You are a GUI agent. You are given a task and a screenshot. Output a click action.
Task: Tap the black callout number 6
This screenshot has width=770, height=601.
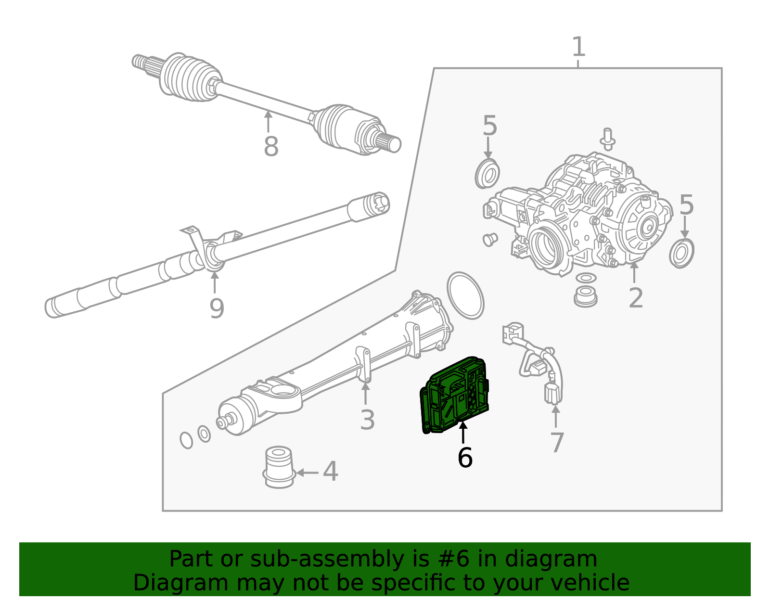pos(465,458)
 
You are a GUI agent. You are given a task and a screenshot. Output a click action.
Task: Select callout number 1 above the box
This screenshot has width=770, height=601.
pos(578,47)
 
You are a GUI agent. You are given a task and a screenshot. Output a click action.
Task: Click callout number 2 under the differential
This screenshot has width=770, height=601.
pos(636,298)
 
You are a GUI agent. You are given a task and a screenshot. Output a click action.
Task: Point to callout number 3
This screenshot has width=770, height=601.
pos(367,420)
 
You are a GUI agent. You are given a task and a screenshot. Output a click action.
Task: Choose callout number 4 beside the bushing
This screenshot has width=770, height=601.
pos(330,472)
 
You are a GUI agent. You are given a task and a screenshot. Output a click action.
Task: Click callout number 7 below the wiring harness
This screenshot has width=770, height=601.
pos(557,443)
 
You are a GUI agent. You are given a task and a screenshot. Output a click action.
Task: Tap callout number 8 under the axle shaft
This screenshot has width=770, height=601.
pos(271,146)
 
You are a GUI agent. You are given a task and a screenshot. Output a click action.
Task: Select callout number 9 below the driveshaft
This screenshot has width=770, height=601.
pos(217,308)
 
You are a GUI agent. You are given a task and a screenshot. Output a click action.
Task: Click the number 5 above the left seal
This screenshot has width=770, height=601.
pos(489,126)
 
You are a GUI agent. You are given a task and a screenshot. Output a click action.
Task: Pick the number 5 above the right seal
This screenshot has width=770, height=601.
pos(686,205)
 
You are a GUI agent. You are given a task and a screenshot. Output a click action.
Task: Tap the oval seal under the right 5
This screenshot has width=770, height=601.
pos(681,253)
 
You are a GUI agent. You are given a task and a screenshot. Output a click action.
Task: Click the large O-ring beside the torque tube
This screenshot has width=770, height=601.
pos(465,295)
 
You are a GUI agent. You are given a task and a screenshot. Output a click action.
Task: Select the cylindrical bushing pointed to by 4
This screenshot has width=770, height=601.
pos(279,467)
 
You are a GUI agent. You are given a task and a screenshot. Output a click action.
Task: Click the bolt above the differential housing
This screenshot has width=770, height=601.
pos(608,137)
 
